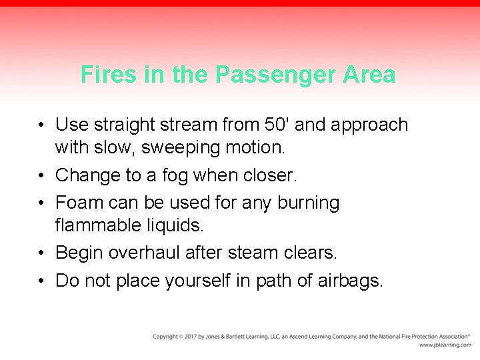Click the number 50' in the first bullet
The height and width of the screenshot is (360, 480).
(277, 125)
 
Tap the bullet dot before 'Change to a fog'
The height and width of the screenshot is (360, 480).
(42, 176)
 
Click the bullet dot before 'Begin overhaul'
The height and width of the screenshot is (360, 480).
(42, 253)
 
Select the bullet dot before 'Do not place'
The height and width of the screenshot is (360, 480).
(42, 281)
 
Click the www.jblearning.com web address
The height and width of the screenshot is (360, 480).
(445, 345)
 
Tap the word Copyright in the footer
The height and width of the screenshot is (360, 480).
(166, 337)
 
